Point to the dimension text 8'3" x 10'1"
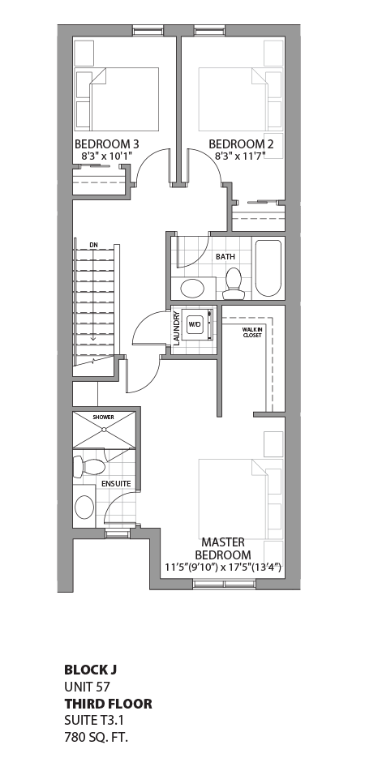[x=106, y=156]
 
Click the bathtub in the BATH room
[x=268, y=268]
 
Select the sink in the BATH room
[x=192, y=289]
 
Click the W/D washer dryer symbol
[x=195, y=324]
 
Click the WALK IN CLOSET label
[x=251, y=332]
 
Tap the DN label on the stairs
[x=94, y=243]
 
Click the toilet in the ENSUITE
[x=88, y=467]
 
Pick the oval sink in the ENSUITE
[x=84, y=508]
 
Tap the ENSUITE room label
[x=116, y=484]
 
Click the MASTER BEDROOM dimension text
[x=223, y=567]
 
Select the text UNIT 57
[x=87, y=687]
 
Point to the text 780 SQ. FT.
[x=97, y=737]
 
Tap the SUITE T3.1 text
[x=93, y=720]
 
